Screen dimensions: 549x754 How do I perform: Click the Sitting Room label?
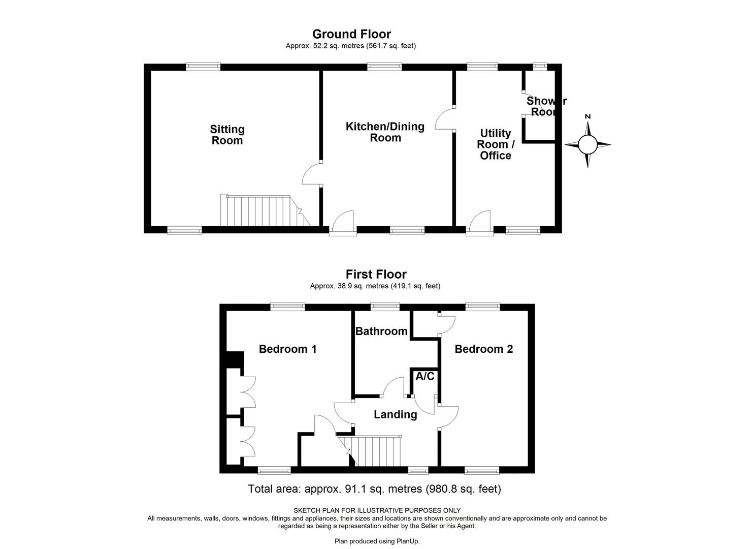click(227, 135)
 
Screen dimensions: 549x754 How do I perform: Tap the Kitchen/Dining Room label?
click(385, 132)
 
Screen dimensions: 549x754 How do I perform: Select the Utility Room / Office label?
click(496, 144)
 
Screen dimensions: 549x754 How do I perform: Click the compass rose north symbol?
click(587, 144)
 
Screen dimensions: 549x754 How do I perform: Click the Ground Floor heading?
click(351, 34)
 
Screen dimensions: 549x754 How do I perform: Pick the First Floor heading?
click(376, 274)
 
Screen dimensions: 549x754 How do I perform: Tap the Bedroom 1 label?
click(287, 349)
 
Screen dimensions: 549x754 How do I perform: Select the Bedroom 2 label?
click(483, 349)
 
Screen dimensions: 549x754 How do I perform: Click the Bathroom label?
click(381, 331)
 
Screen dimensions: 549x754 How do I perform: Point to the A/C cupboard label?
click(424, 377)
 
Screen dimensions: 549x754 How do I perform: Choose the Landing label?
click(395, 415)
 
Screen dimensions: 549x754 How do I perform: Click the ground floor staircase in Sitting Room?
click(261, 210)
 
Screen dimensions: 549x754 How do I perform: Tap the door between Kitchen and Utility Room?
click(446, 119)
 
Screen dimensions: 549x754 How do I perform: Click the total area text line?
click(374, 489)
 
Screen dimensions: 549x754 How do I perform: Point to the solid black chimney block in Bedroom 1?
click(235, 359)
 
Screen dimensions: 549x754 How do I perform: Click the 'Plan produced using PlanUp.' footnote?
click(377, 541)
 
